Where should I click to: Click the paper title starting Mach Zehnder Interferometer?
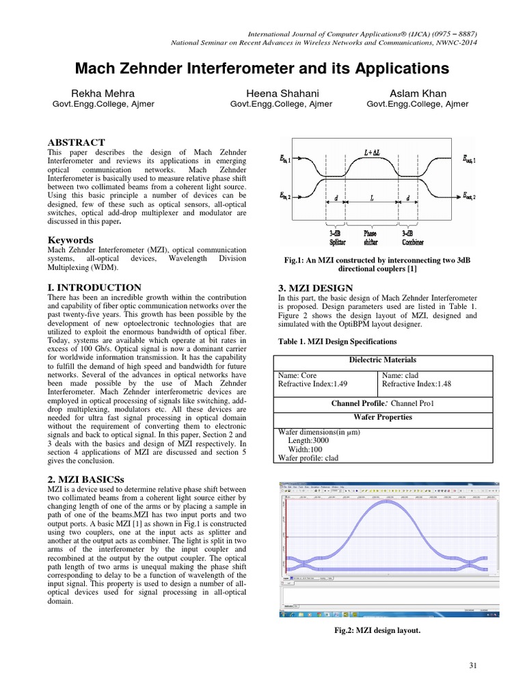262,68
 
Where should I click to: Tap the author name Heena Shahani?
281,93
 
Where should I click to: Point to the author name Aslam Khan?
418,93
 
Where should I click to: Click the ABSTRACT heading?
75,142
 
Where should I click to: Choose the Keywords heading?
70,241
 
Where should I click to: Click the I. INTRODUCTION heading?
94,288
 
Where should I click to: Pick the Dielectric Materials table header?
383,360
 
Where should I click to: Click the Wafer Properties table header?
383,417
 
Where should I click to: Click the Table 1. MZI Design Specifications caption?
337,341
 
